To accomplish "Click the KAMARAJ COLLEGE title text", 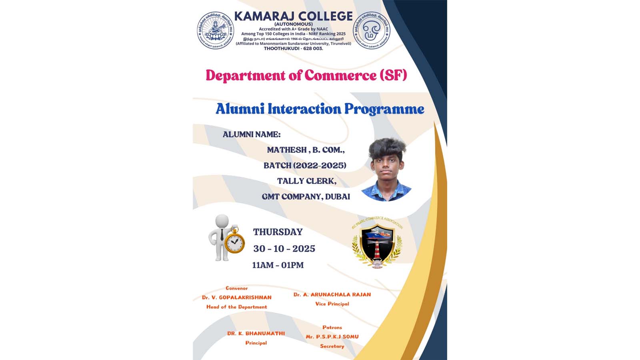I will (293, 16).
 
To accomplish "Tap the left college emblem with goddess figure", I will (215, 30).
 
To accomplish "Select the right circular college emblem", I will (371, 30).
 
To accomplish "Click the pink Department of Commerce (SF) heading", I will (306, 76).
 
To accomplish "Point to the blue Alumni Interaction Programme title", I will (320, 109).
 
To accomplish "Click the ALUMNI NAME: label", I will (252, 134).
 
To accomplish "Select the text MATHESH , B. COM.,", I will (306, 150).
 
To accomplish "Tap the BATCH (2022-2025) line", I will (305, 165).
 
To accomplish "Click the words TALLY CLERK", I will (307, 181).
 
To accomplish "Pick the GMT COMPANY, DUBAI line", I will (306, 196).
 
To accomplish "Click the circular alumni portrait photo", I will (386, 170).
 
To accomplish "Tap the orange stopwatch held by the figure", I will (234, 242).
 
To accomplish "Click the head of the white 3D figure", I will (222, 221).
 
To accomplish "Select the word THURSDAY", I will (278, 232).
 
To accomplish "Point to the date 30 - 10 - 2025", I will (284, 249).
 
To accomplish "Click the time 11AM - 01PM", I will (278, 265).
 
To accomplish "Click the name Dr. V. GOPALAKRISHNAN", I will (236, 298).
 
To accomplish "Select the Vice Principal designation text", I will (332, 304).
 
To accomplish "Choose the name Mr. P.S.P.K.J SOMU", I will (332, 337).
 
